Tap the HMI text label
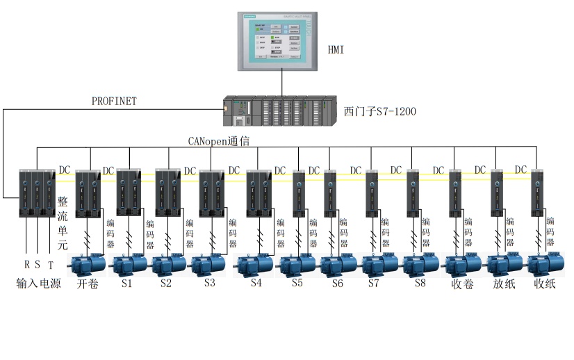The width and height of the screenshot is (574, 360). click(336, 49)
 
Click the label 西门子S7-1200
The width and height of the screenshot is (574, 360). click(380, 111)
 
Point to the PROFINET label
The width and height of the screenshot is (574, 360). click(115, 101)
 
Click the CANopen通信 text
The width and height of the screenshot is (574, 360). click(219, 140)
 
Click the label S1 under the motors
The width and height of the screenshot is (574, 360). click(126, 284)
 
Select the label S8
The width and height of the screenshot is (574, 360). click(420, 284)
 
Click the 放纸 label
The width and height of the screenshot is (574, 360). click(504, 284)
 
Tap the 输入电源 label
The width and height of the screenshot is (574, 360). click(39, 284)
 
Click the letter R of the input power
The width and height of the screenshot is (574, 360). click(26, 265)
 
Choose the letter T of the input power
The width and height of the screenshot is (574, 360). click(50, 265)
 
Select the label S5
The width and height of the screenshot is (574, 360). click(297, 284)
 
